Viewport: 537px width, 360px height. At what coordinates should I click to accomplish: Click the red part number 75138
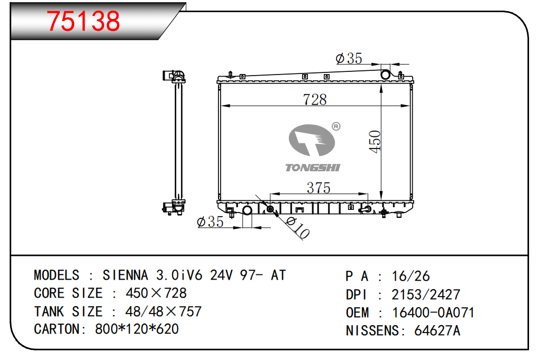coord(83,21)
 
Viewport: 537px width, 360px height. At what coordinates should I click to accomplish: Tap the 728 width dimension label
coord(315,99)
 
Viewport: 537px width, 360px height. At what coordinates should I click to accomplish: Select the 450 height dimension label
coord(375,142)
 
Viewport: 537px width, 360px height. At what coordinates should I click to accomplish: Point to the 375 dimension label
coord(318,188)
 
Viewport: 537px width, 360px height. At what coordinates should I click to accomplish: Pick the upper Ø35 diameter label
coord(349,59)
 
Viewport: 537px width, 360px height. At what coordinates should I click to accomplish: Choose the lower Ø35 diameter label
coord(210,221)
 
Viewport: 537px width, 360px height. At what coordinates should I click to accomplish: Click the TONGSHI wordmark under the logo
coord(313,168)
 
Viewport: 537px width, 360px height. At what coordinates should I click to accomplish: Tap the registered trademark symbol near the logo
coord(336,127)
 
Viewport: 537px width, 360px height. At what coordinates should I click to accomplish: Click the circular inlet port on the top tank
coord(385,74)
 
